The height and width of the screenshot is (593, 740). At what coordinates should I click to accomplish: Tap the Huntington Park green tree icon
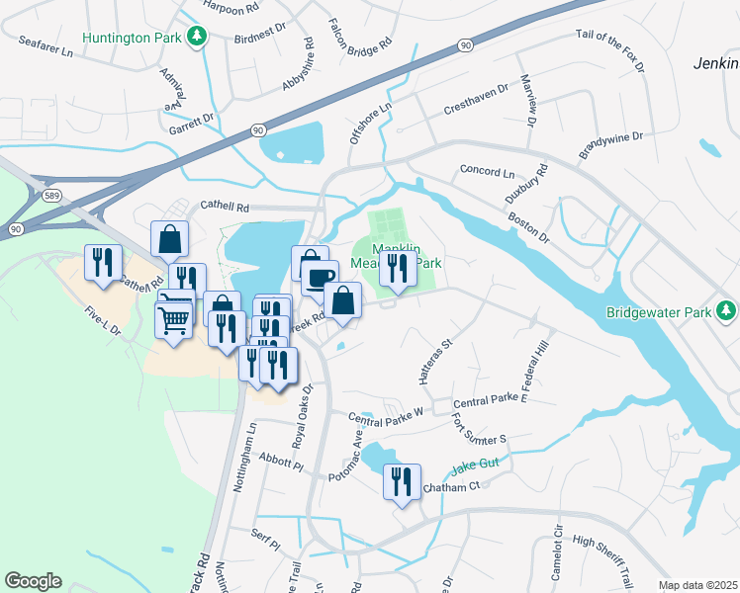pos(200,37)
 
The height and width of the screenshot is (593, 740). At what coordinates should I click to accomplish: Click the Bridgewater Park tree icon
pos(727,312)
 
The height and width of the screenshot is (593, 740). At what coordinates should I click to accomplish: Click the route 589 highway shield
pos(52,196)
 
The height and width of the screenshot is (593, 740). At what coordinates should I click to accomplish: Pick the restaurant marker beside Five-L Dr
pos(103,264)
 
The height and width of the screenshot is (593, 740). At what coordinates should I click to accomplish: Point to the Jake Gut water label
pos(478,467)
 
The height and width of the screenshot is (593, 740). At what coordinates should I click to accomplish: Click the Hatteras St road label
pos(433,363)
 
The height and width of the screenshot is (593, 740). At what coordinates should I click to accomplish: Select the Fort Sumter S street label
pos(479,429)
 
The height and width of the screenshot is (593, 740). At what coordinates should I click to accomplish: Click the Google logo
pos(33,581)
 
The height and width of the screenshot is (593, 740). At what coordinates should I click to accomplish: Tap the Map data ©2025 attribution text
pos(696,585)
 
